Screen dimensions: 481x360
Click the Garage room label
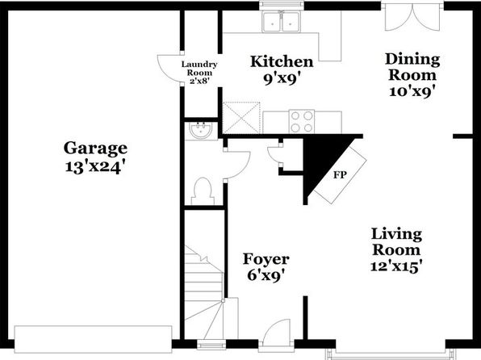[95, 149]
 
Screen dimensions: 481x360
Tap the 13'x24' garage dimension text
[95, 167]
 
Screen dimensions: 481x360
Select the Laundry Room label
[199, 69]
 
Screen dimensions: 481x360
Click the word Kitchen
[282, 61]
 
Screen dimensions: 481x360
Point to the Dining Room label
[412, 67]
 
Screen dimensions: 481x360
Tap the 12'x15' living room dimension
[395, 266]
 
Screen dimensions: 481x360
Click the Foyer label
[266, 260]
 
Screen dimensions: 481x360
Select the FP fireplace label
[340, 175]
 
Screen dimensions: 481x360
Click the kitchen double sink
[281, 22]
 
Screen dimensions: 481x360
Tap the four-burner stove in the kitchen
[302, 122]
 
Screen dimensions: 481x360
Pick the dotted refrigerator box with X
[241, 118]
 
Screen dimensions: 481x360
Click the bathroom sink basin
[201, 131]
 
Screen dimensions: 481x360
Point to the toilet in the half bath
[203, 190]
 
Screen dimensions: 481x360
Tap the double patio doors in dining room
[413, 18]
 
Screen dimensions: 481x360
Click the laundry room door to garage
[169, 68]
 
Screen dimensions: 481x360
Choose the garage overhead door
[94, 340]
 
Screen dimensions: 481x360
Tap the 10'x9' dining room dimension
[412, 91]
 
